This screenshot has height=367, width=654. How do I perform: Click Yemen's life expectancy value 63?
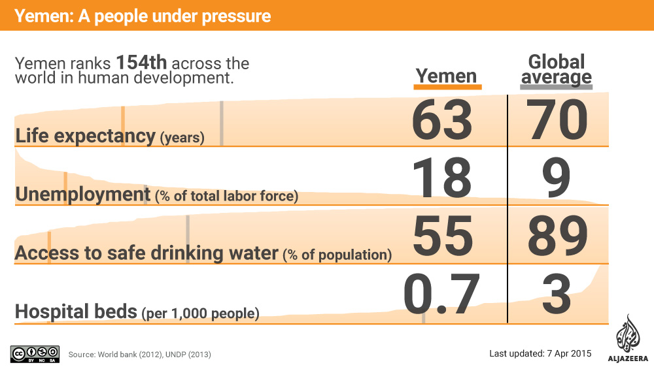point(442,121)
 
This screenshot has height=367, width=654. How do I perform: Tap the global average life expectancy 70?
point(559,121)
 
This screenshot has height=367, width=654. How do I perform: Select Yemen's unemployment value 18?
point(442,178)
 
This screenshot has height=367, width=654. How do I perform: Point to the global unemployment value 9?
point(557,178)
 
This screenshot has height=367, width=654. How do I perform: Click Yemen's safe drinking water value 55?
point(442,236)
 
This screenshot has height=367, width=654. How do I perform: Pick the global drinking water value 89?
point(559,236)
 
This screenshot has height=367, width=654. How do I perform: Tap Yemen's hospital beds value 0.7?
point(442,294)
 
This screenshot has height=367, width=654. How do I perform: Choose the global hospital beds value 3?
point(557,294)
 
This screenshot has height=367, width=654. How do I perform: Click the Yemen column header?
point(447,76)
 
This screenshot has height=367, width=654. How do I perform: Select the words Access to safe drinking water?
point(146,253)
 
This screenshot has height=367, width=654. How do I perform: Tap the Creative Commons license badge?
point(35,353)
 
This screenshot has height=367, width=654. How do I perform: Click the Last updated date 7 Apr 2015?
point(540,353)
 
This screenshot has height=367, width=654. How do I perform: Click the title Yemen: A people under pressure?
point(143,15)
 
